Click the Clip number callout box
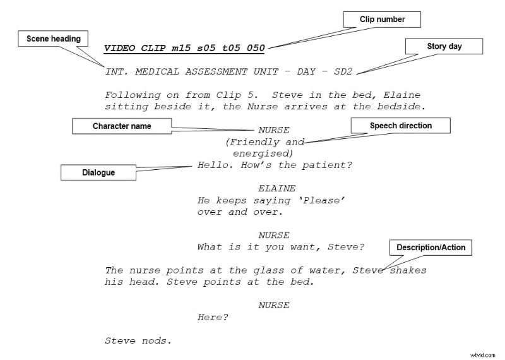click(x=382, y=20)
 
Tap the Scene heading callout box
click(x=54, y=39)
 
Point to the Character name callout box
click(x=122, y=126)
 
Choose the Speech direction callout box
click(x=401, y=126)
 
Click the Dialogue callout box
click(x=98, y=172)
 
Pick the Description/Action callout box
click(x=431, y=248)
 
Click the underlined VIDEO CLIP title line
click(x=184, y=49)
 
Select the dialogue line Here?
click(x=213, y=318)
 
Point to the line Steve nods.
click(x=138, y=341)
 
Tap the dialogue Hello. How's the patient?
click(x=275, y=165)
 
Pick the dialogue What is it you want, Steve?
click(x=281, y=247)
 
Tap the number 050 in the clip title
click(x=255, y=49)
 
